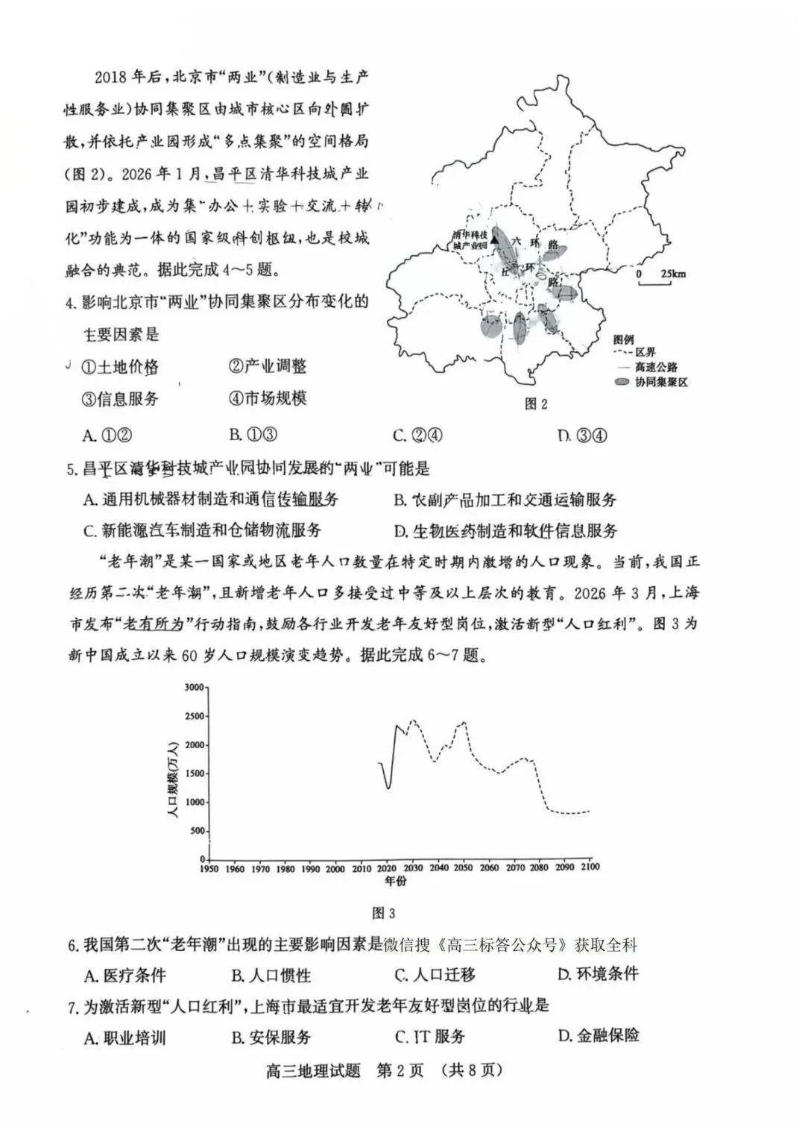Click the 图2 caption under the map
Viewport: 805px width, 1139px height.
point(536,404)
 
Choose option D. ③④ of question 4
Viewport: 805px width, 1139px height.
point(582,436)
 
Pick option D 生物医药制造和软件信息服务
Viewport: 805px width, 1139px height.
point(506,531)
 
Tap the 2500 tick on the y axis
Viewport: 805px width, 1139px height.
point(194,717)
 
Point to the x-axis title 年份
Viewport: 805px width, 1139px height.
point(396,881)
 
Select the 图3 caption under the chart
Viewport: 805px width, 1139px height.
point(383,913)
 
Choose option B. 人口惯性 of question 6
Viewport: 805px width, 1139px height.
point(271,975)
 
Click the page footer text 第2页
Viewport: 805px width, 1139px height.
point(400,1070)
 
